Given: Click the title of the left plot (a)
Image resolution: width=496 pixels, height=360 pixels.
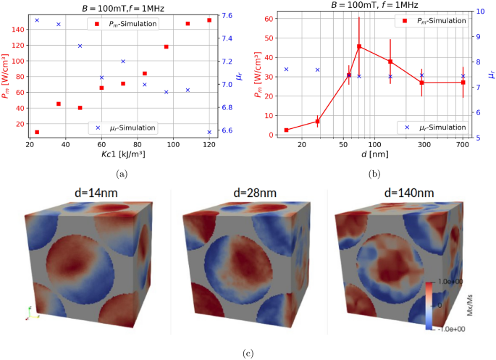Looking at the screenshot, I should pyautogui.click(x=124, y=7).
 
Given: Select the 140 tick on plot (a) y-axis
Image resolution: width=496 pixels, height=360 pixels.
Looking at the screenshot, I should pyautogui.click(x=19, y=30).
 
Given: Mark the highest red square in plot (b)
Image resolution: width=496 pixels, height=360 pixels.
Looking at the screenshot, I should pyautogui.click(x=359, y=46).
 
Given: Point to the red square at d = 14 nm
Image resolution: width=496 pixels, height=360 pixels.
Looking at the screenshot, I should pyautogui.click(x=287, y=130).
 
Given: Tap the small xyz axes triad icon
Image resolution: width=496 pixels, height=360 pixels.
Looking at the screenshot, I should pyautogui.click(x=29, y=312).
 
